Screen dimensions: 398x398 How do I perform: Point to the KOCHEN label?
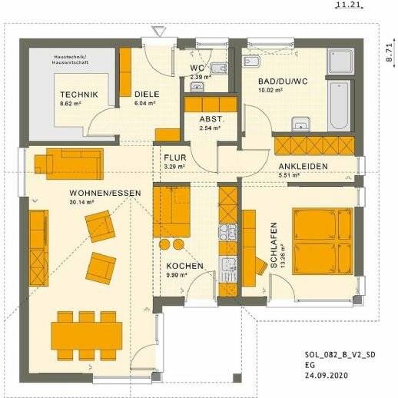click(x=185, y=266)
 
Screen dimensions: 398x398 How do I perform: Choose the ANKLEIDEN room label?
click(x=303, y=166)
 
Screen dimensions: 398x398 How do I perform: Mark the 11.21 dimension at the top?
click(x=343, y=5)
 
